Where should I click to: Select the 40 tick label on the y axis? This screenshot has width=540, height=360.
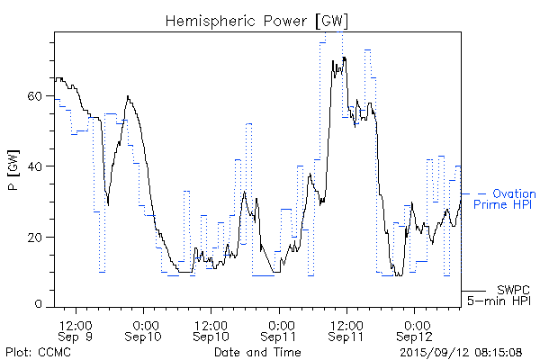point(38,166)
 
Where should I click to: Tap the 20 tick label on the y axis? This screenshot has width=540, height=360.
point(38,237)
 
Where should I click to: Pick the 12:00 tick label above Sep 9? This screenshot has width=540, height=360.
point(76,323)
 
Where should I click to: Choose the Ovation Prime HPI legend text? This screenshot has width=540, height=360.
point(504,200)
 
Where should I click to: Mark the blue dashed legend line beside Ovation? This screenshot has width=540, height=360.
point(474,193)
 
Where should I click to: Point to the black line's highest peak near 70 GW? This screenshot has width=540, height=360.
point(343,58)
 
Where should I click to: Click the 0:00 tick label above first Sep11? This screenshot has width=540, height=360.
point(280,323)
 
